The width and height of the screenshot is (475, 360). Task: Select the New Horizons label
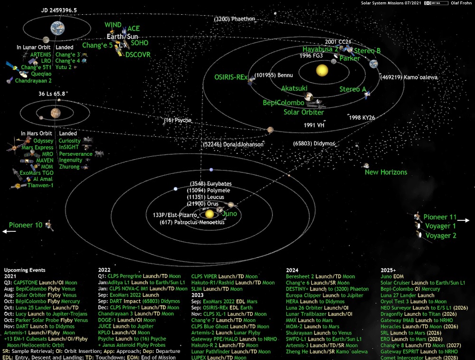[x=386, y=172]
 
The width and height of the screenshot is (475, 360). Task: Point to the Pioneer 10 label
[x=26, y=225]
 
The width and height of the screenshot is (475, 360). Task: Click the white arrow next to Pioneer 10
[x=9, y=231]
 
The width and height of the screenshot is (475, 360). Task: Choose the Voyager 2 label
[x=441, y=236]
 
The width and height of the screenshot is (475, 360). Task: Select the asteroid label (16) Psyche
[x=178, y=120]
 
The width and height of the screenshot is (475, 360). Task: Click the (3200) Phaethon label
[x=234, y=19]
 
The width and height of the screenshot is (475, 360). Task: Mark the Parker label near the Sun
[x=350, y=58]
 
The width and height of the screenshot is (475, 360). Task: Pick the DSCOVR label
[x=138, y=55]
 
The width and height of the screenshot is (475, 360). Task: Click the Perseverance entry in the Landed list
[x=76, y=154]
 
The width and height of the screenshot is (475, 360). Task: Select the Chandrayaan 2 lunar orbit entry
[x=33, y=80]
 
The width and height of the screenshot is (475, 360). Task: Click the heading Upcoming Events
[x=25, y=270]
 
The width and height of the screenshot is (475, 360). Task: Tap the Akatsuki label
[x=294, y=89]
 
